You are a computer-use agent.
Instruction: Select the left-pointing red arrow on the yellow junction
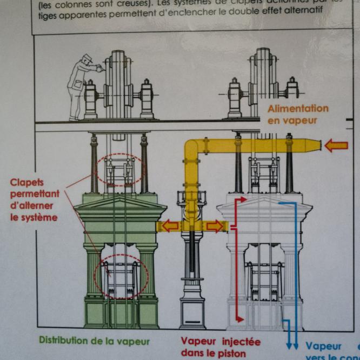click(x=170, y=226)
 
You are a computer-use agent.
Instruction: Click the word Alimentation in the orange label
click(x=298, y=109)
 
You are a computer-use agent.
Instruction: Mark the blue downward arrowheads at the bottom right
click(x=292, y=345)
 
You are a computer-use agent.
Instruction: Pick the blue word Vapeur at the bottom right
click(x=323, y=346)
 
